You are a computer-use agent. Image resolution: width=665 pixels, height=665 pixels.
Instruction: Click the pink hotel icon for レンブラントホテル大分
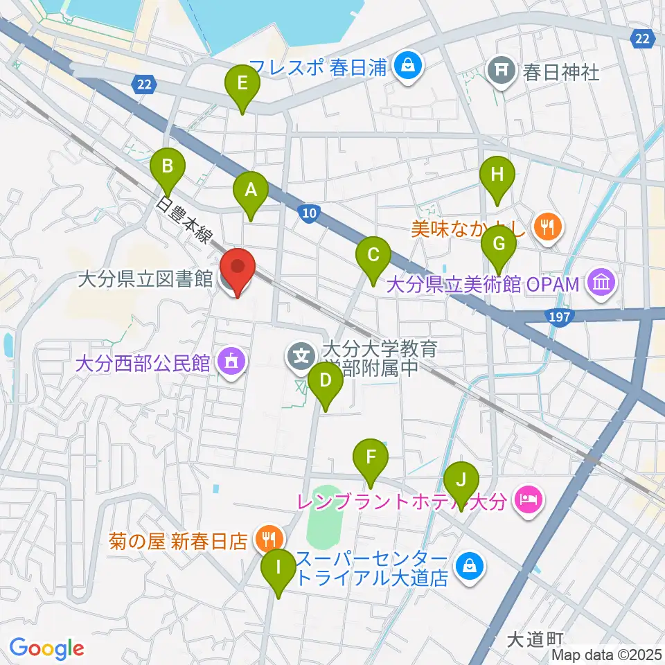coord(527,497)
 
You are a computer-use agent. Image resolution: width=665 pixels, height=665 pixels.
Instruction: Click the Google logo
coord(46,648)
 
